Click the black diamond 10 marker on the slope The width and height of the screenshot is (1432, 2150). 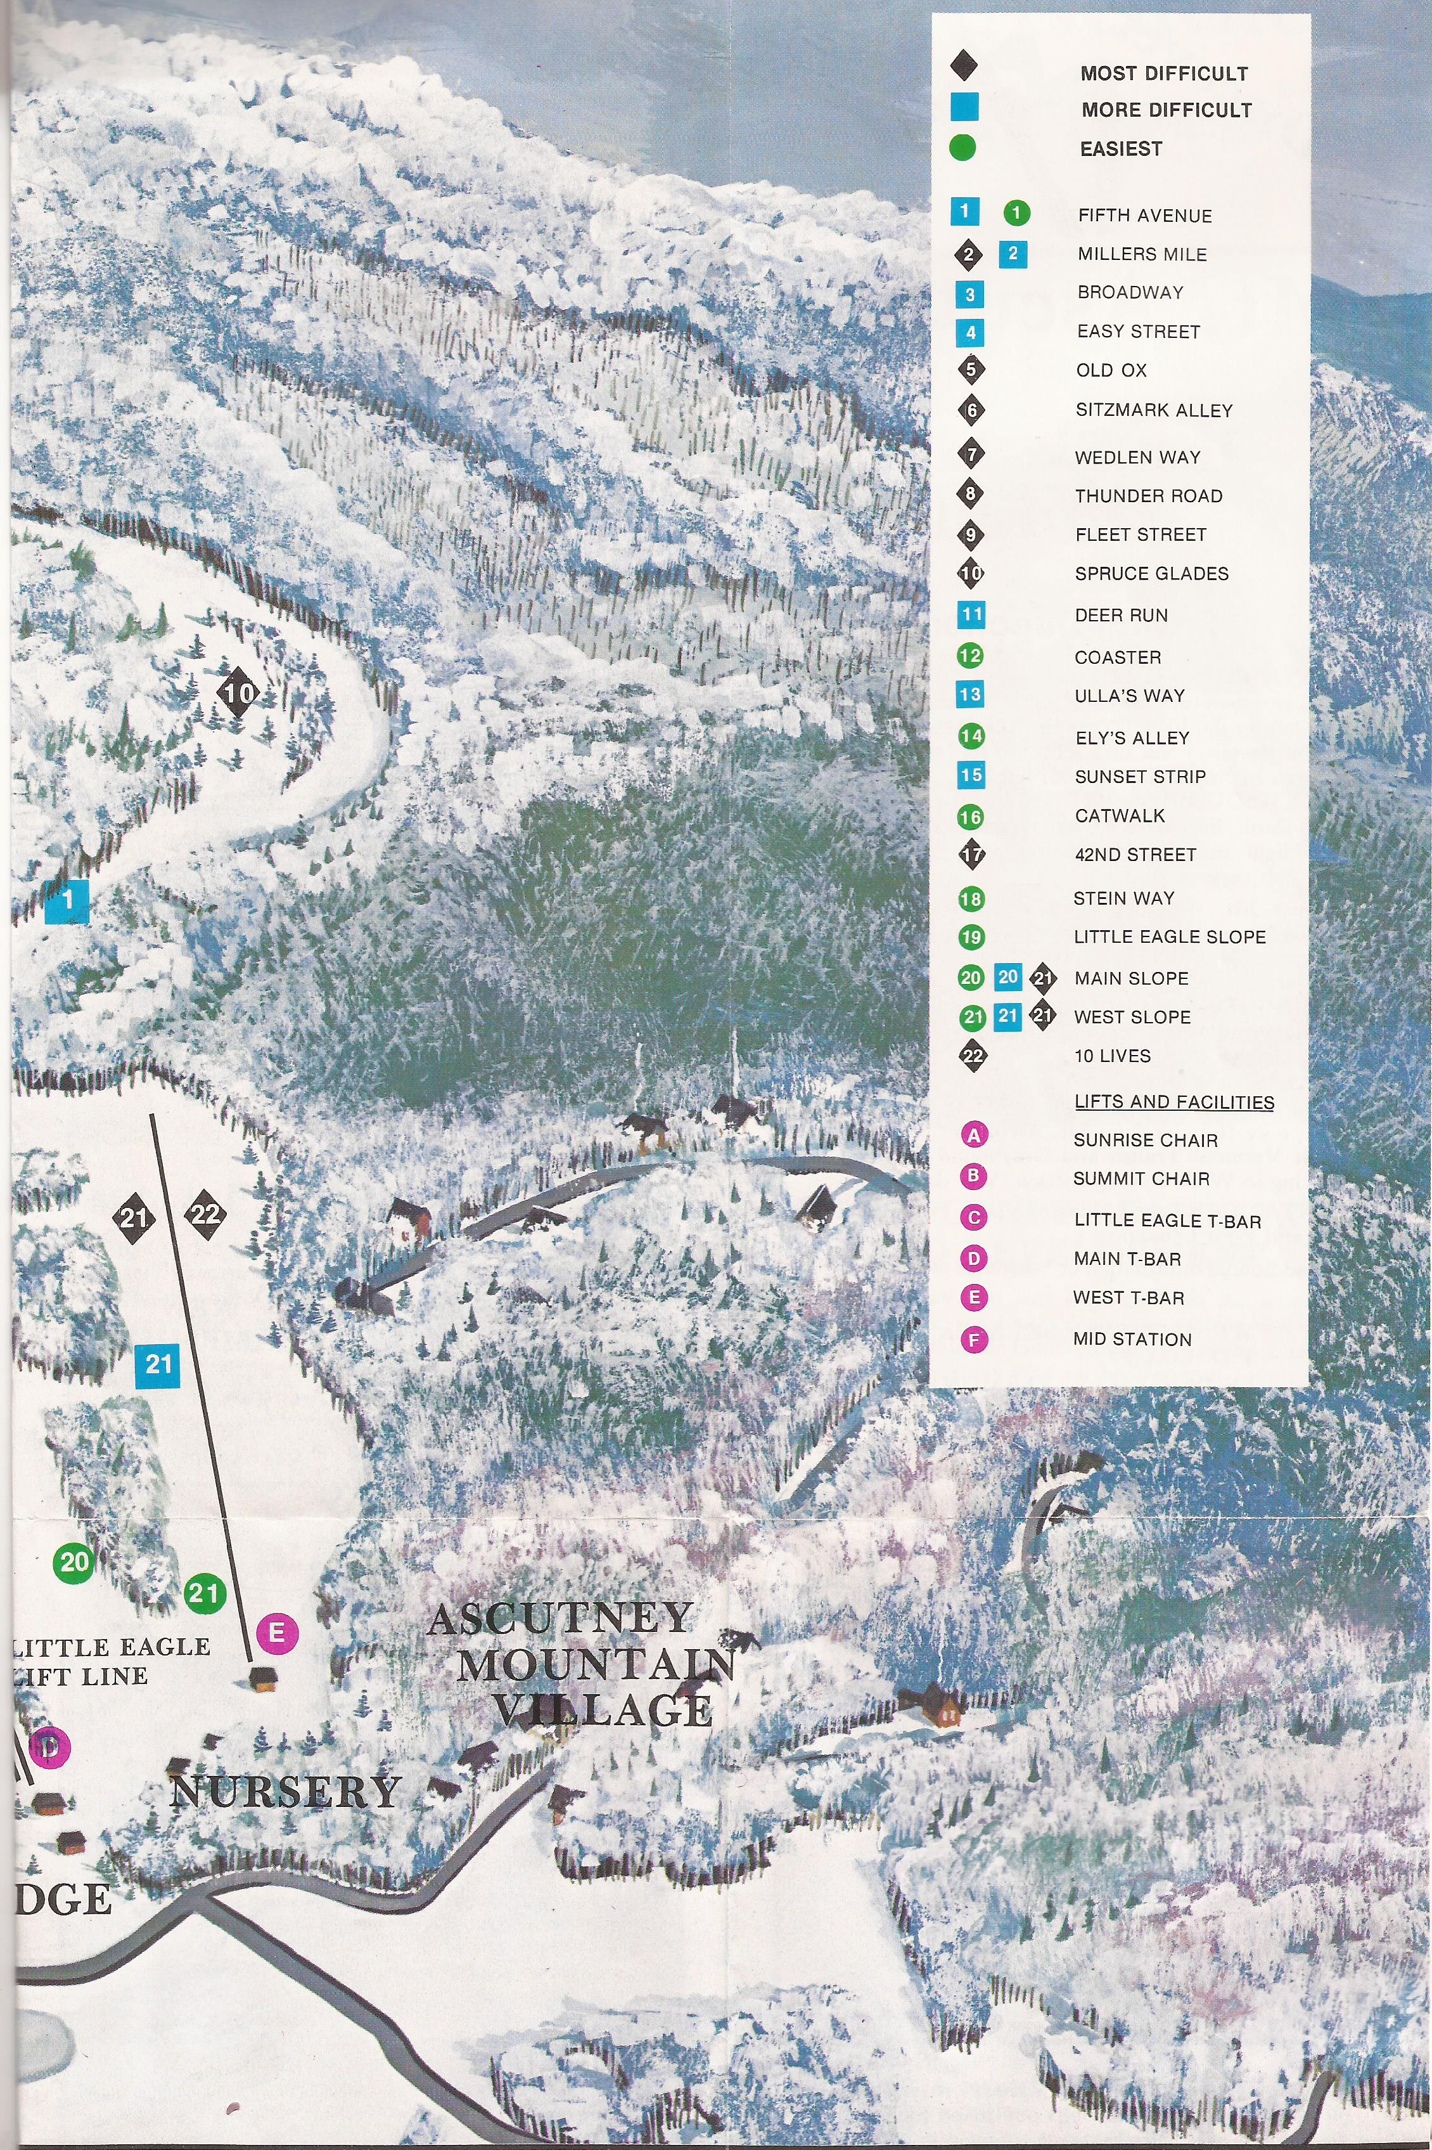(x=238, y=692)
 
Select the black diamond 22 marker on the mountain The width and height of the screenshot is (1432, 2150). (x=207, y=1214)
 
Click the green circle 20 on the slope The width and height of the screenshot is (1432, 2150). (x=74, y=1562)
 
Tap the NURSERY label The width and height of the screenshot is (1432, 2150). (x=285, y=1791)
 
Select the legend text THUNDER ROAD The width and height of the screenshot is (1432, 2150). (x=1148, y=496)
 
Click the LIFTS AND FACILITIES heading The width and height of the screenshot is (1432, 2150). (x=1173, y=1102)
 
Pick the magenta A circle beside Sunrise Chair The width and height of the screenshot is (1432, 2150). (x=975, y=1136)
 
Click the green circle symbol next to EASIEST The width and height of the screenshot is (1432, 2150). (x=962, y=148)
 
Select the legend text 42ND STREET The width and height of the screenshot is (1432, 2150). (x=1135, y=855)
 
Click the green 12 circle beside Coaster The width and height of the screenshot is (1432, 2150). (x=970, y=656)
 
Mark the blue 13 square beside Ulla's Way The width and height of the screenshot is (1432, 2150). (x=970, y=694)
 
